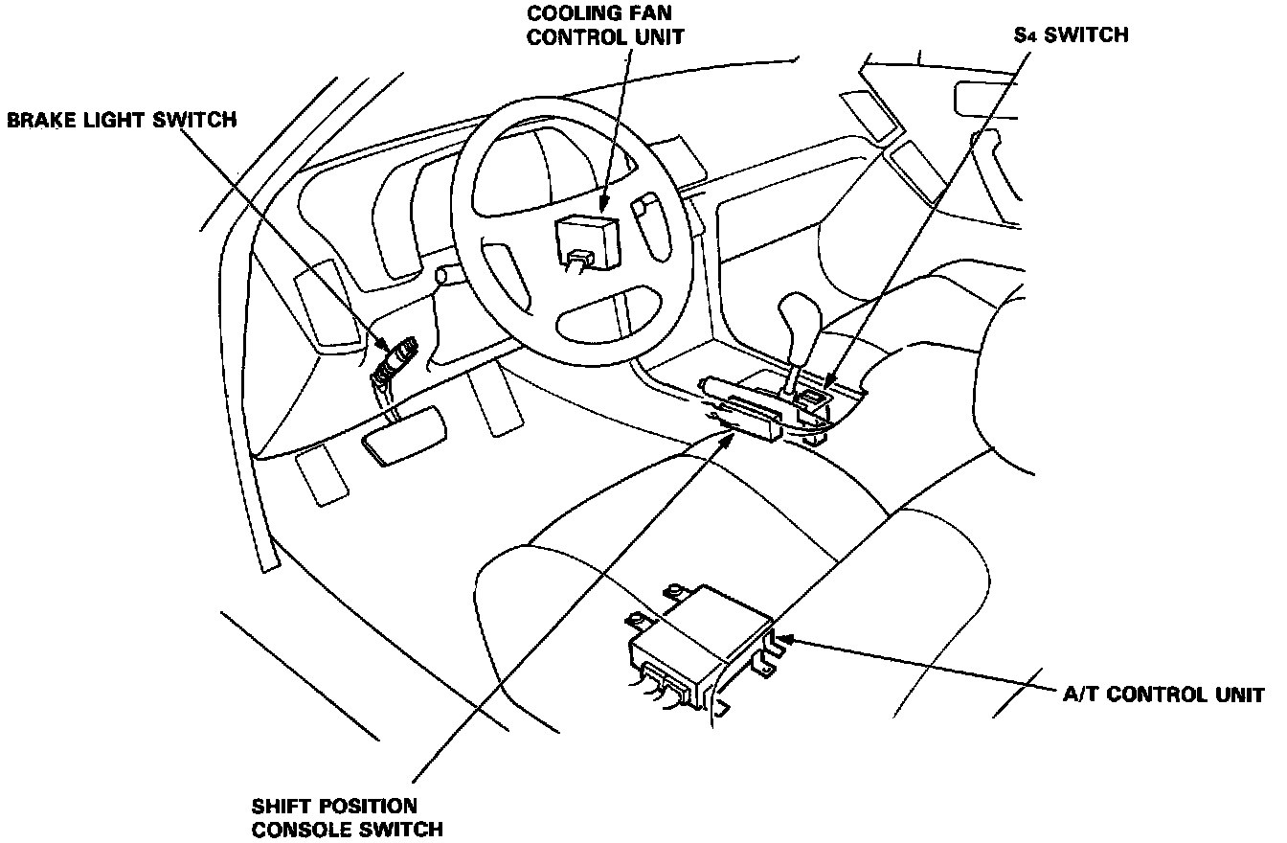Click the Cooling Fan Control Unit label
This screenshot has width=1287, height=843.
click(x=606, y=26)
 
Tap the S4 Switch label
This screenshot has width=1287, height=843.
click(x=1072, y=35)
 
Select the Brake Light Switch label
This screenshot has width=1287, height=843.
click(x=122, y=120)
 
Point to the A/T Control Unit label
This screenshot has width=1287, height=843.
click(x=1163, y=695)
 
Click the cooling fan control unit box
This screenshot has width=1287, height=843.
click(x=587, y=236)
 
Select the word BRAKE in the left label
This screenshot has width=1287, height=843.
click(x=39, y=120)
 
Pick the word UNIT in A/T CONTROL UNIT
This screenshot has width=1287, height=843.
click(x=1239, y=695)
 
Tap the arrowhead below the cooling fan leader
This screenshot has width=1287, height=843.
click(x=603, y=203)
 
